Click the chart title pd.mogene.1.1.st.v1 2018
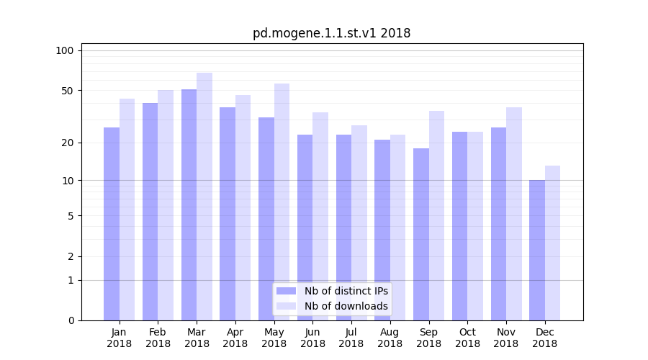[x=331, y=33]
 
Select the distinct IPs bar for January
[x=112, y=224]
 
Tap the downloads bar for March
[x=204, y=197]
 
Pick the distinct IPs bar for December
[x=537, y=250]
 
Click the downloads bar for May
[x=282, y=202]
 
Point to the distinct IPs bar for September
[x=421, y=234]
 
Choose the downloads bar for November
[x=514, y=214]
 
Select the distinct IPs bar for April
[x=228, y=214]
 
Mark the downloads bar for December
[x=553, y=243]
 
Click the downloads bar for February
[x=166, y=205]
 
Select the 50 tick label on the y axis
[x=68, y=91]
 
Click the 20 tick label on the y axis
[x=68, y=143]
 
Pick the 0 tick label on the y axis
[x=71, y=320]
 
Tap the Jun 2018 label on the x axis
[x=312, y=338]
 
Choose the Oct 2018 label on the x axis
[x=467, y=338]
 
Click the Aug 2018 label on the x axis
[x=390, y=338]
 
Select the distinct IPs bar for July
[x=343, y=228]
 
